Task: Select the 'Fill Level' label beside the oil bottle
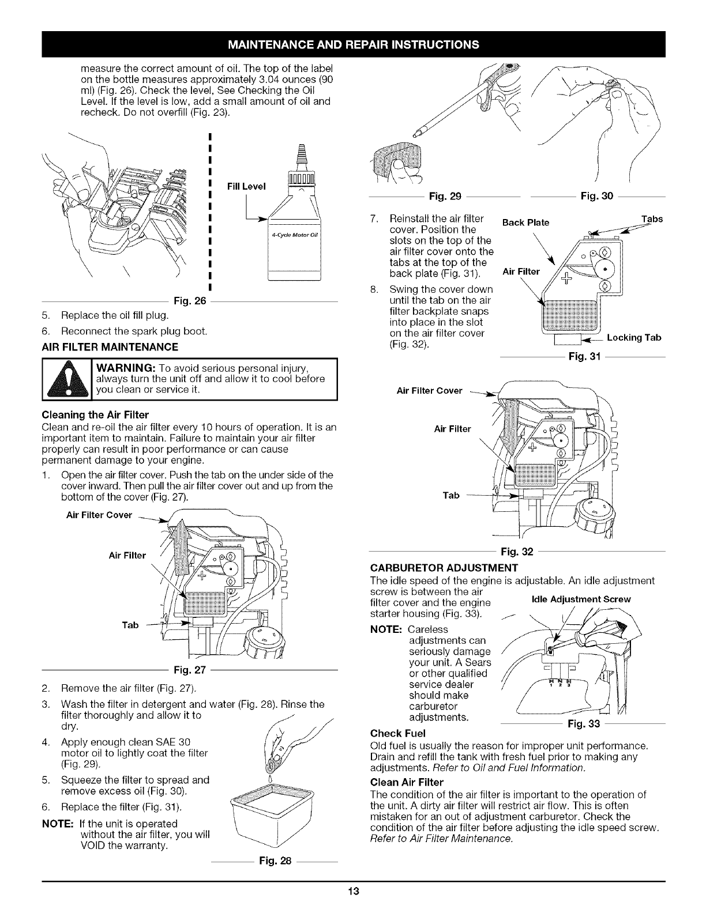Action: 246,186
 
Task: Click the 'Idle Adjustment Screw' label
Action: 585,599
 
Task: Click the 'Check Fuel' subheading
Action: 397,733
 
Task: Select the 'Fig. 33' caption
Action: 583,723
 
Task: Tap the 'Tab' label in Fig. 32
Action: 450,495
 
